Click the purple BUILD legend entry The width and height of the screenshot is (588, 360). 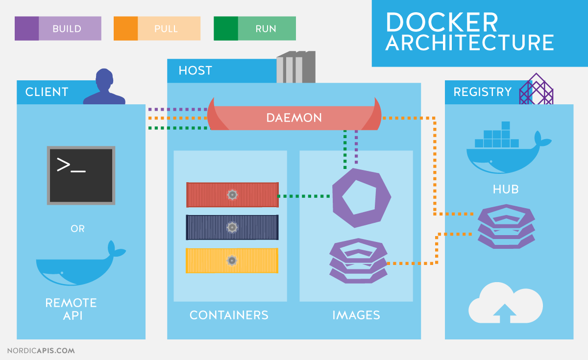click(x=58, y=28)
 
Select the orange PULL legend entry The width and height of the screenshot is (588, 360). click(x=157, y=28)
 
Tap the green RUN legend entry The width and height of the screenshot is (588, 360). click(x=255, y=28)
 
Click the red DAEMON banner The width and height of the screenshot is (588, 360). click(x=294, y=118)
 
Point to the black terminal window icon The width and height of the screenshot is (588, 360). click(x=81, y=175)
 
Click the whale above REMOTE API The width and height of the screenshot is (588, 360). click(x=78, y=264)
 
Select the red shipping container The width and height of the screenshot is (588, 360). click(x=232, y=195)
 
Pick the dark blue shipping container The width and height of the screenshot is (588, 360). click(x=232, y=227)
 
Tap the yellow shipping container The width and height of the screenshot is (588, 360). click(x=232, y=261)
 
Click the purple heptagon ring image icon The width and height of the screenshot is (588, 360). click(x=362, y=197)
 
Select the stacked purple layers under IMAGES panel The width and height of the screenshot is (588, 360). click(x=358, y=261)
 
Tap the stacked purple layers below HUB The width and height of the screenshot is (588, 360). click(x=506, y=226)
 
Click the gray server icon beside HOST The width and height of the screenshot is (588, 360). click(x=296, y=68)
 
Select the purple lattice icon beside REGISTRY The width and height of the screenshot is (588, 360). click(x=536, y=90)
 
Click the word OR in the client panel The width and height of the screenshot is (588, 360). click(x=78, y=229)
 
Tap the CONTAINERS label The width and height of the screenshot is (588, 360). click(x=229, y=315)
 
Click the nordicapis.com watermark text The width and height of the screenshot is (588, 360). click(x=41, y=351)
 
